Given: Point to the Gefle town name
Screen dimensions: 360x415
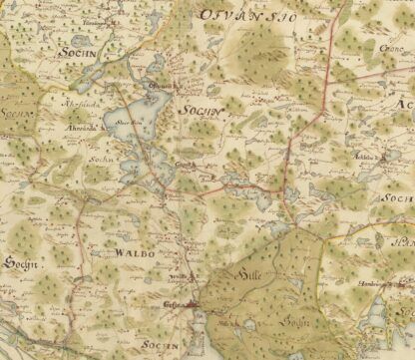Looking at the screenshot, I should click(171, 307).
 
